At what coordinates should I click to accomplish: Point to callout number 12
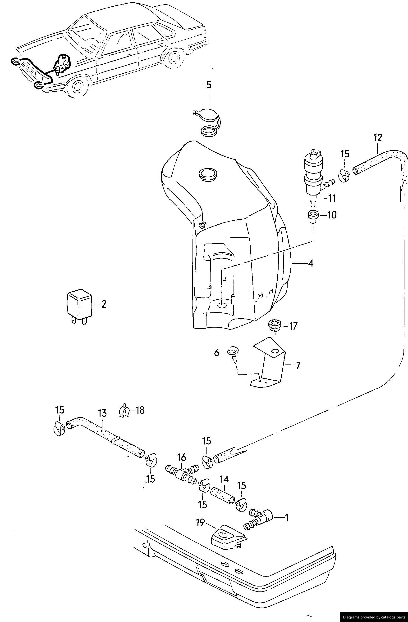tap(378, 138)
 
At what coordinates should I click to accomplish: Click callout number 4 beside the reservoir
tap(311, 263)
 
